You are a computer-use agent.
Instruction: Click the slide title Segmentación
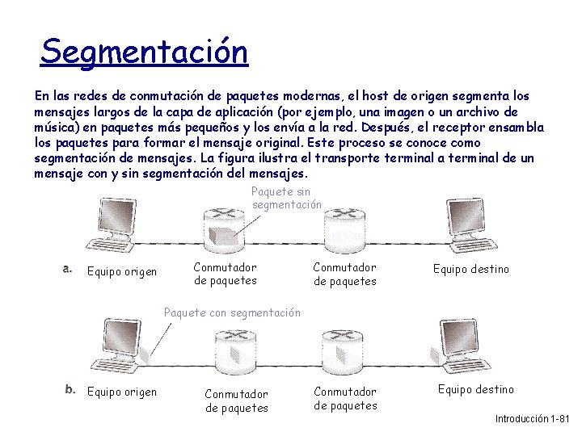(x=145, y=52)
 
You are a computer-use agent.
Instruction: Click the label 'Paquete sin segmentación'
(x=287, y=198)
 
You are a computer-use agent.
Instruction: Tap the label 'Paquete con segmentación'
(x=232, y=312)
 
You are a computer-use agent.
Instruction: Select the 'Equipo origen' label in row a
(x=121, y=271)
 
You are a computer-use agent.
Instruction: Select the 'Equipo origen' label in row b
(x=121, y=392)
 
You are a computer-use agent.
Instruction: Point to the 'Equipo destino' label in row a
(x=471, y=269)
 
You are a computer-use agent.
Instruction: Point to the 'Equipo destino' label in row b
(x=476, y=389)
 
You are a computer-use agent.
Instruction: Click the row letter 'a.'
(x=69, y=269)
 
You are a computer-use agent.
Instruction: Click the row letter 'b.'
(x=71, y=390)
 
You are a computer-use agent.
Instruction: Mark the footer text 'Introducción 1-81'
(x=532, y=419)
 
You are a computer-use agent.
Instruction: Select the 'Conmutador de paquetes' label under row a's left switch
(x=226, y=274)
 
